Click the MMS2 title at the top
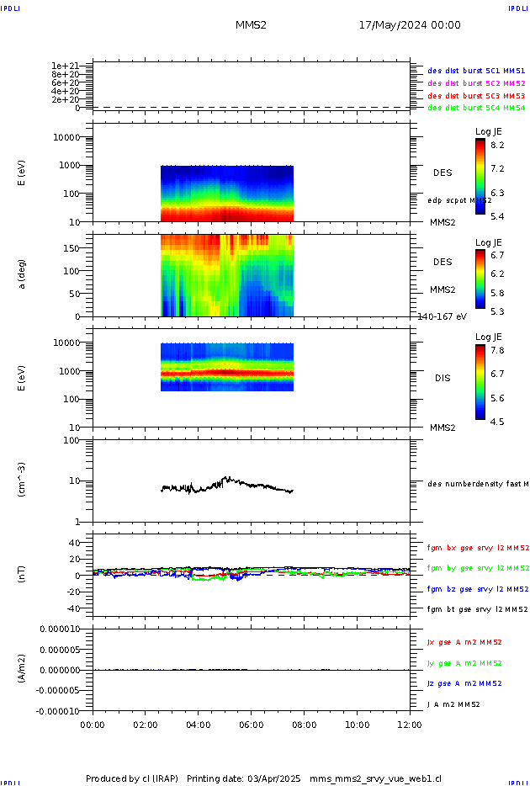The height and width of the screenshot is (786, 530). click(x=251, y=25)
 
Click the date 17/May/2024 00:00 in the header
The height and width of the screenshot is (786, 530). click(x=410, y=25)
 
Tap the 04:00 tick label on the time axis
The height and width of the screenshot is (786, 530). click(x=199, y=724)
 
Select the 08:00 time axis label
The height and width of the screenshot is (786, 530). click(x=304, y=724)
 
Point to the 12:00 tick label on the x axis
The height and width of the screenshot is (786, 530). click(x=410, y=724)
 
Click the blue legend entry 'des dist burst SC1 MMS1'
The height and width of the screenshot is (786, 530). click(x=476, y=71)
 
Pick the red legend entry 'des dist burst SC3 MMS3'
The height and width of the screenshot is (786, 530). click(x=476, y=96)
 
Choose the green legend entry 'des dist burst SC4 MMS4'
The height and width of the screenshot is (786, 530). click(x=476, y=108)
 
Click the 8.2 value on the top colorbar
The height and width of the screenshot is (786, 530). click(x=497, y=146)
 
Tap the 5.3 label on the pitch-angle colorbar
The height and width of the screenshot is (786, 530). click(x=497, y=312)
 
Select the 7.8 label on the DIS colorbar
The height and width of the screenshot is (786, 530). click(x=497, y=350)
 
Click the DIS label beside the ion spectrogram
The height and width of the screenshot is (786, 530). click(x=442, y=379)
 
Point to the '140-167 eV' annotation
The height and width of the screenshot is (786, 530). click(x=442, y=316)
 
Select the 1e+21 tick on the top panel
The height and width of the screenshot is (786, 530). click(x=65, y=66)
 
